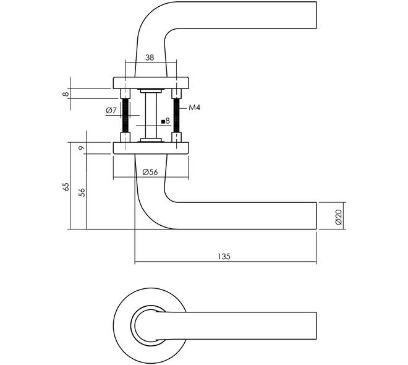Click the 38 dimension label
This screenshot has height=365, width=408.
click(150, 58)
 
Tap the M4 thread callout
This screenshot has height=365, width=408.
click(194, 108)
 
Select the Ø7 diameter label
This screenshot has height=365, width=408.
click(111, 111)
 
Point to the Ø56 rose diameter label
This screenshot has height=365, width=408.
click(150, 172)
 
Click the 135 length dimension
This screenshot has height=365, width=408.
click(224, 257)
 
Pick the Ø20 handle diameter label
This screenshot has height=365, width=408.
click(338, 217)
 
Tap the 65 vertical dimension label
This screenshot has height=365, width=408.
click(66, 187)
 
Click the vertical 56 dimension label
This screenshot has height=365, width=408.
click(82, 192)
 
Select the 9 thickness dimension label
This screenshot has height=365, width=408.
click(82, 148)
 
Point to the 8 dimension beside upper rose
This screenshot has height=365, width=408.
click(66, 93)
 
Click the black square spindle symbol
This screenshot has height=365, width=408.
click(163, 121)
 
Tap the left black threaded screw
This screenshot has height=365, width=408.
click(125, 115)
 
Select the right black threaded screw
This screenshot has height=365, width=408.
click(176, 115)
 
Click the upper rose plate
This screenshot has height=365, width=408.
click(151, 82)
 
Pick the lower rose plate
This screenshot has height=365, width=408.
click(151, 148)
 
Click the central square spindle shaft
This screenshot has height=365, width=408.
click(151, 115)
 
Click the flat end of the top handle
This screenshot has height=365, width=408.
click(316, 15)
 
